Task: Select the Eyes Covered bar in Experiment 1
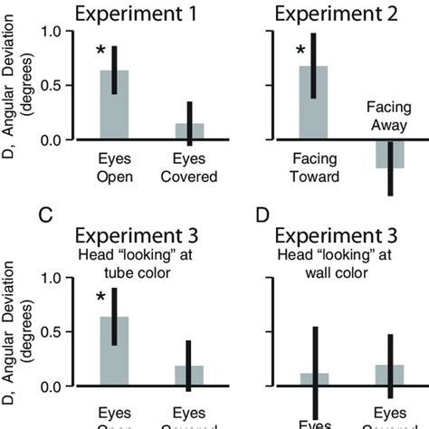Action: click(x=189, y=132)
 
